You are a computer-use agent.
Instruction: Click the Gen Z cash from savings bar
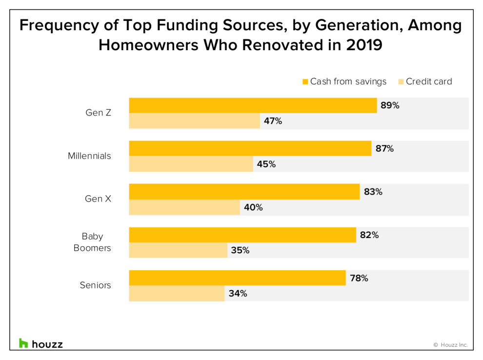[253, 105]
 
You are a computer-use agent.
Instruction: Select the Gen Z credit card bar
[194, 121]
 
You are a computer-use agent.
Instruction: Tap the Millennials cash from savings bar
[250, 148]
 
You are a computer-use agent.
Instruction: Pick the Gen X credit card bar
[184, 207]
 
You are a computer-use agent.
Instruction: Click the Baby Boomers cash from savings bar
[242, 235]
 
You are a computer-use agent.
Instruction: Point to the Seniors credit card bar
[177, 294]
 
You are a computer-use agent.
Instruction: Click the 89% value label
[390, 105]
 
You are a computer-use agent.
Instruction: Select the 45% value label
[266, 164]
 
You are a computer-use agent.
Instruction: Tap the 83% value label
[373, 192]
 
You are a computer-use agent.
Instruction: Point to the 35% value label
[240, 251]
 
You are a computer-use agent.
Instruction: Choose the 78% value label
[359, 279]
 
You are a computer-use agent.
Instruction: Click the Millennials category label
[89, 156]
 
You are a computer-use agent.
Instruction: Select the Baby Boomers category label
[92, 242]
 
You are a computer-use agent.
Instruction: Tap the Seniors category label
[95, 285]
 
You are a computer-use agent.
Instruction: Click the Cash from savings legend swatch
[305, 81]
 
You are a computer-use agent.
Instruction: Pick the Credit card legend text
[429, 81]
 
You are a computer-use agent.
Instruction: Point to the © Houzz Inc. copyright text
[450, 345]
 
